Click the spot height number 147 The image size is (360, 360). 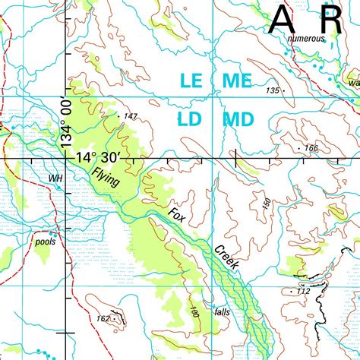pyautogui.click(x=130, y=116)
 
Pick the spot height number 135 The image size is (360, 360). pyautogui.click(x=273, y=90)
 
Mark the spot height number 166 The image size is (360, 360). pyautogui.click(x=310, y=147)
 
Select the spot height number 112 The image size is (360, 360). pyautogui.click(x=304, y=292)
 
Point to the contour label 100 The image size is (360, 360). pyautogui.click(x=194, y=311)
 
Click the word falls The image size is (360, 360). pyautogui.click(x=222, y=312)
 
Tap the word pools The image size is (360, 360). pyautogui.click(x=46, y=242)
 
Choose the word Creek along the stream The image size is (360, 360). pyautogui.click(x=226, y=260)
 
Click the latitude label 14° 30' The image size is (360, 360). pyautogui.click(x=98, y=157)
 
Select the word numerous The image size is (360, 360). pyautogui.click(x=306, y=38)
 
